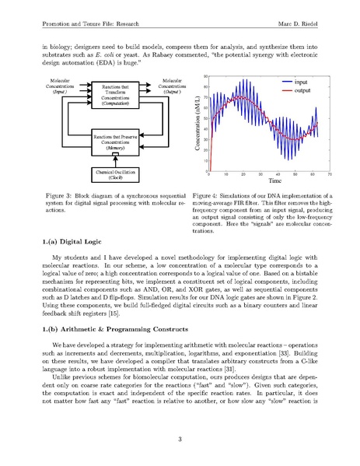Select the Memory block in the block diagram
click(x=115, y=141)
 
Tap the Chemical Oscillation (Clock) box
click(x=115, y=173)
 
